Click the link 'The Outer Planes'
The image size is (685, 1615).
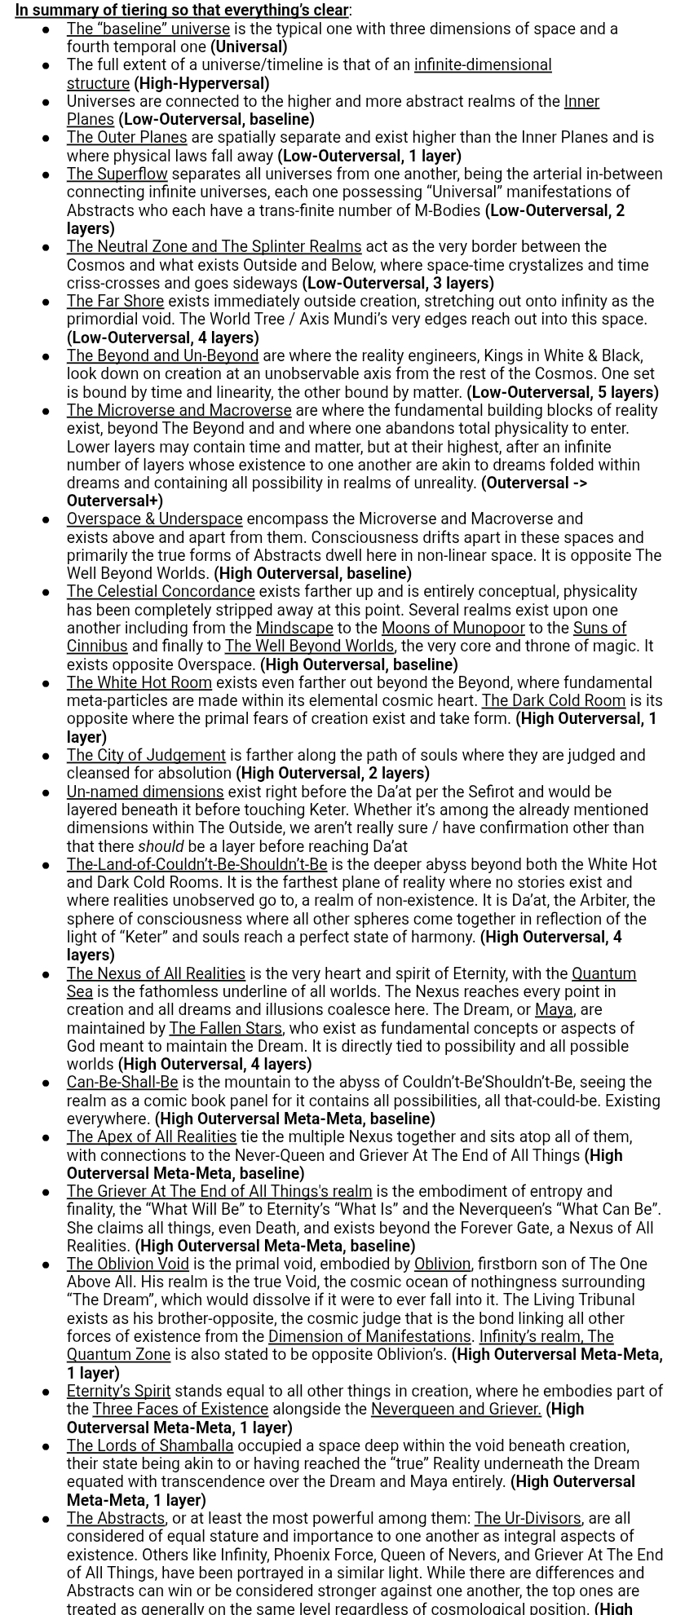point(126,138)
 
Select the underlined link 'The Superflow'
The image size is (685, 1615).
point(117,174)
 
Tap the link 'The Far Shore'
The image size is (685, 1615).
point(115,302)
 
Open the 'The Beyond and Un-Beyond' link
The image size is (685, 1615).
point(162,356)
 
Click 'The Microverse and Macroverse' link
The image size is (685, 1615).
point(179,411)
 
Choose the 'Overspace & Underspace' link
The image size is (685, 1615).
point(154,519)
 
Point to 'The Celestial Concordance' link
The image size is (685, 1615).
point(161,592)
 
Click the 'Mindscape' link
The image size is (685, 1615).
point(294,629)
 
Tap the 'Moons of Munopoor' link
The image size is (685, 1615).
point(453,629)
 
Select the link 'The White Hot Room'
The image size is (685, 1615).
point(139,683)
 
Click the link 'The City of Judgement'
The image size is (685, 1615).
point(146,756)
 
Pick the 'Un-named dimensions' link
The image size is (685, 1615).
point(145,792)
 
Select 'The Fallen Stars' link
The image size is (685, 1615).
point(225,1029)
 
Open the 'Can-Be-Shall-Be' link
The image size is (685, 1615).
point(122,1083)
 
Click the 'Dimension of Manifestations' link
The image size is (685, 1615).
point(369,1337)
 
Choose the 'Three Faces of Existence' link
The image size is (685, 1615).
point(180,1410)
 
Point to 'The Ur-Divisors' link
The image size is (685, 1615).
point(528,1519)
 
